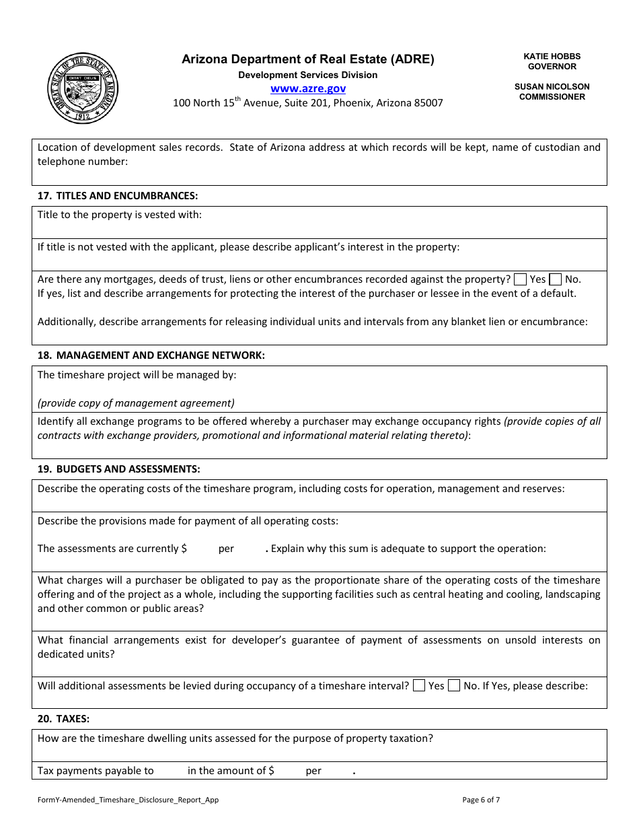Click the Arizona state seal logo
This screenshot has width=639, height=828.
pos(83,88)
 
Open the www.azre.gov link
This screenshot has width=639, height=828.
pos(308,89)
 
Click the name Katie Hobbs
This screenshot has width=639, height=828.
pos(552,57)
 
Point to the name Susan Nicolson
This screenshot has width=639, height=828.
pos(552,87)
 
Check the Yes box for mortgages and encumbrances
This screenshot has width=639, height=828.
pos(520,279)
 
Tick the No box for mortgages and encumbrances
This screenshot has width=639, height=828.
pos(556,279)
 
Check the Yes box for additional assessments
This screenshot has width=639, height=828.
pos(418,686)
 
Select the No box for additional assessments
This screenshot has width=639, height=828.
pos(454,686)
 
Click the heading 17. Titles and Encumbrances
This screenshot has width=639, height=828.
pos(118,196)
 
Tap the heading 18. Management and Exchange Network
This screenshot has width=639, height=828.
pos(151,355)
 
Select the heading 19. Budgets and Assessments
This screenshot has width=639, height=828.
pos(119,469)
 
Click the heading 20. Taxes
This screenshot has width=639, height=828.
pos(64,719)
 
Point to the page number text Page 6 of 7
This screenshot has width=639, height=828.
pos(481,800)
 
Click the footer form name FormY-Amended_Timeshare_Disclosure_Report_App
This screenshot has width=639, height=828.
pos(128,800)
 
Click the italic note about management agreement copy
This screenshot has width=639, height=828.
pos(136,403)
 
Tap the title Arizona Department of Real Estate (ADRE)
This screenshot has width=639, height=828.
pos(308,59)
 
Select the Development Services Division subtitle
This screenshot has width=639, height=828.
pos(308,75)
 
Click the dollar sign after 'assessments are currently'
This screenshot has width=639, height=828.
pos(184,549)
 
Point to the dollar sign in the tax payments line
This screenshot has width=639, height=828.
pos(271,771)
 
